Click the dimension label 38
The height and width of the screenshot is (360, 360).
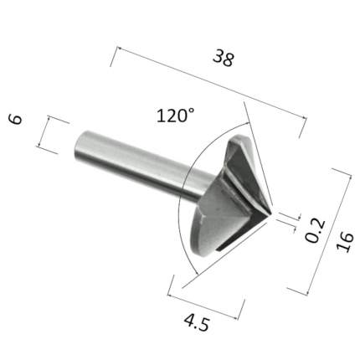223,58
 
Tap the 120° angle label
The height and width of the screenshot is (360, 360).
175,116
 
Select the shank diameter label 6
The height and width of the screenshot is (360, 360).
16,119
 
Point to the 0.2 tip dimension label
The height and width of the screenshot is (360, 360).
316,231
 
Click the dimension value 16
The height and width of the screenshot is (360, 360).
345,242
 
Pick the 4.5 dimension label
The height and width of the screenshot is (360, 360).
197,322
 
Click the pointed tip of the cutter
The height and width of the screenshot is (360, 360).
271,215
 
